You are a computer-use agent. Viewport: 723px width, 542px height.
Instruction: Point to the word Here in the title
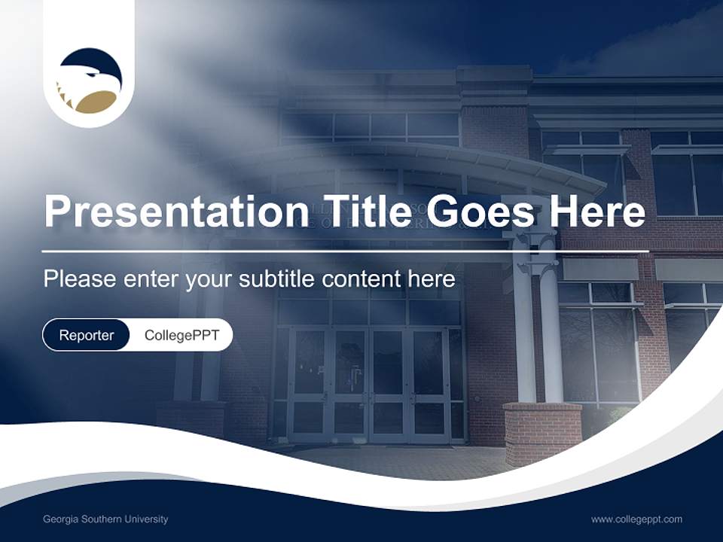tap(598, 212)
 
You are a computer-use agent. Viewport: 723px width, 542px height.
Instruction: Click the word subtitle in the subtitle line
tap(278, 279)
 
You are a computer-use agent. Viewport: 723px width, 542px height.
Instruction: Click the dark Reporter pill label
tap(86, 335)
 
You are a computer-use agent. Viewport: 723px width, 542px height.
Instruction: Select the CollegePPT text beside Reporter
tap(182, 335)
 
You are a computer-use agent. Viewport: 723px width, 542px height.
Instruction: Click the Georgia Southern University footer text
tap(105, 519)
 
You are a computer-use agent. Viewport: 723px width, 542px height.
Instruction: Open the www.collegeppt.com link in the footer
tap(636, 519)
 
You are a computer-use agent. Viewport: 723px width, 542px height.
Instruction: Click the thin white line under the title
tap(345, 251)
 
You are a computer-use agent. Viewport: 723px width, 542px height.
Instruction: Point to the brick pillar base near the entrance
tap(541, 433)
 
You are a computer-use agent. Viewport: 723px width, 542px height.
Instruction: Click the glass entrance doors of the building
tap(369, 384)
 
